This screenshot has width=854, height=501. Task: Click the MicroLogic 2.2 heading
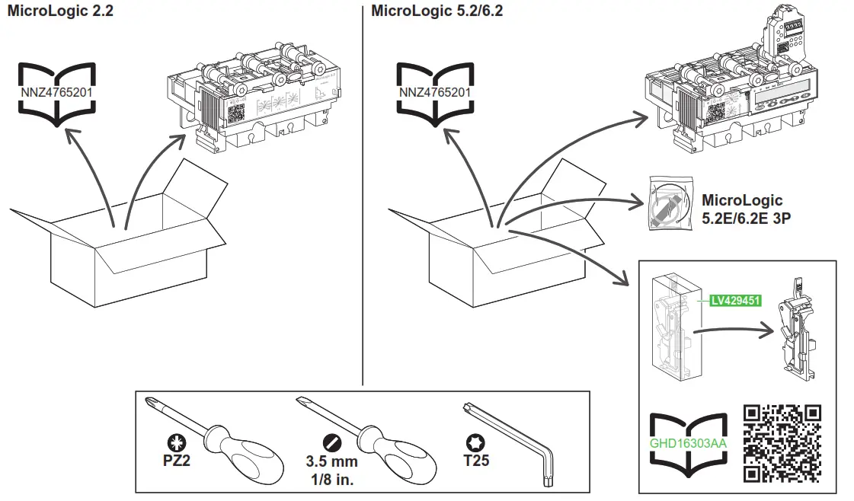click(x=60, y=11)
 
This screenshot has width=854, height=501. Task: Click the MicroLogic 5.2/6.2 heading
click(x=437, y=11)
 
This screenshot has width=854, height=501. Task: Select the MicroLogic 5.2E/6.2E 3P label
click(x=741, y=208)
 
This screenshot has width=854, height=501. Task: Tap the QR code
click(x=782, y=442)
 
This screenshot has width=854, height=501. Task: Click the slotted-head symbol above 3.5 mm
click(x=331, y=442)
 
